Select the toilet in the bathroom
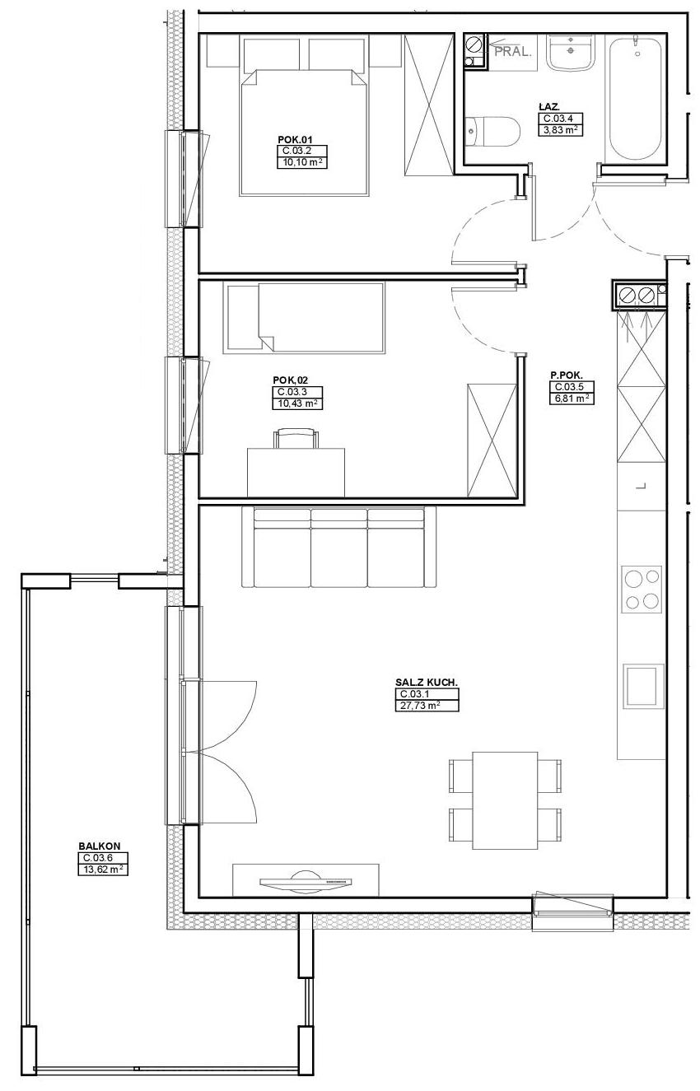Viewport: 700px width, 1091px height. [x=492, y=131]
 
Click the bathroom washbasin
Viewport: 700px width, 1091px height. [x=569, y=52]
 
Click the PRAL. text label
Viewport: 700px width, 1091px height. [x=512, y=52]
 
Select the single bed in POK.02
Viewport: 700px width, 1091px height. [x=305, y=318]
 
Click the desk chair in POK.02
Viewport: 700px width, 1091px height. [x=296, y=438]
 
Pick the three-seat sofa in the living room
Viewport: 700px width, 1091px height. [x=339, y=547]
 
